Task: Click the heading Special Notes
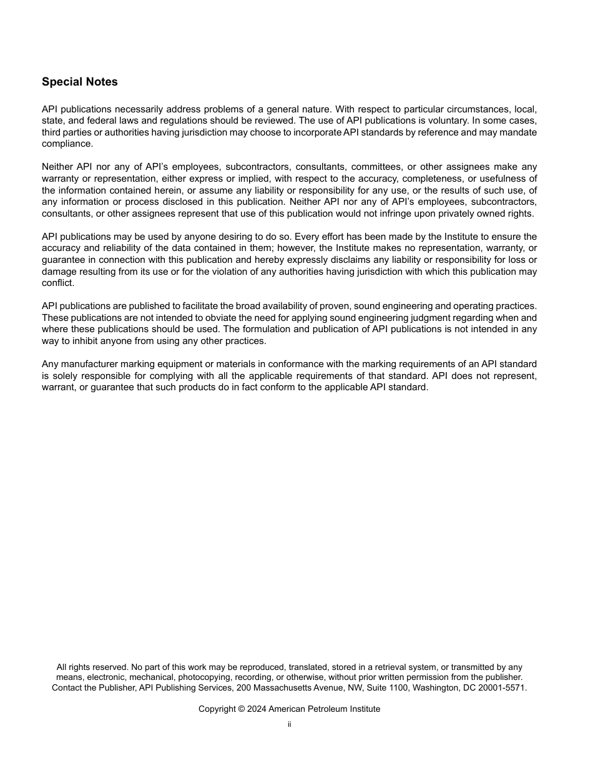click(x=79, y=82)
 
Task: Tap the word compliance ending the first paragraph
click(x=67, y=144)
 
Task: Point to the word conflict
click(x=57, y=283)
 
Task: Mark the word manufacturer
click(x=90, y=364)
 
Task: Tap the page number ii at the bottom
click(x=289, y=725)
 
